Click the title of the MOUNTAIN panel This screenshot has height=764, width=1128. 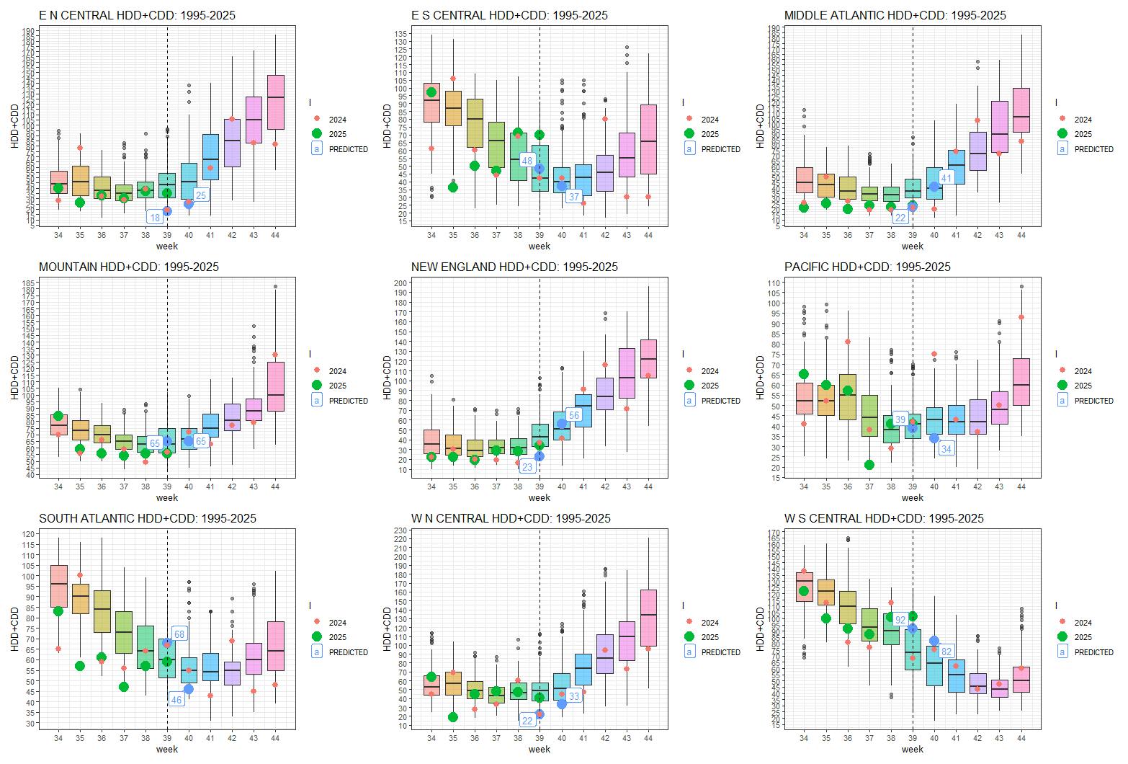pos(128,267)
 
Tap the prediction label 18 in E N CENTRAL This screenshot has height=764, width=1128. pos(155,218)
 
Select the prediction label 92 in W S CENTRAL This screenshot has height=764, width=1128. pos(900,620)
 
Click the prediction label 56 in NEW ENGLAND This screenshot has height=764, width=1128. pos(574,415)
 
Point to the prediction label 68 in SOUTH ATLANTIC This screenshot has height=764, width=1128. pos(179,634)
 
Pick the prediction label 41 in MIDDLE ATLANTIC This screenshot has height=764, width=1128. pos(946,178)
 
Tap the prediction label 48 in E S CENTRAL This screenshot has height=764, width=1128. pos(527,161)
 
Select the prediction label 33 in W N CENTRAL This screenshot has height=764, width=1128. pos(574,696)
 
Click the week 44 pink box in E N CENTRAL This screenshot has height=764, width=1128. pos(275,102)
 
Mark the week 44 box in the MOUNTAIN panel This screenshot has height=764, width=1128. pos(275,386)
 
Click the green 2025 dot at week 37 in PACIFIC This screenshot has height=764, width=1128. pos(869,465)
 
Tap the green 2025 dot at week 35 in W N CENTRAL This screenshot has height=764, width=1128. pos(453,717)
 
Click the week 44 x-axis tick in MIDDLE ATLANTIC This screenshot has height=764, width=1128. pos(1021,235)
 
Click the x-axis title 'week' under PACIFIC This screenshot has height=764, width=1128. pos(912,497)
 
